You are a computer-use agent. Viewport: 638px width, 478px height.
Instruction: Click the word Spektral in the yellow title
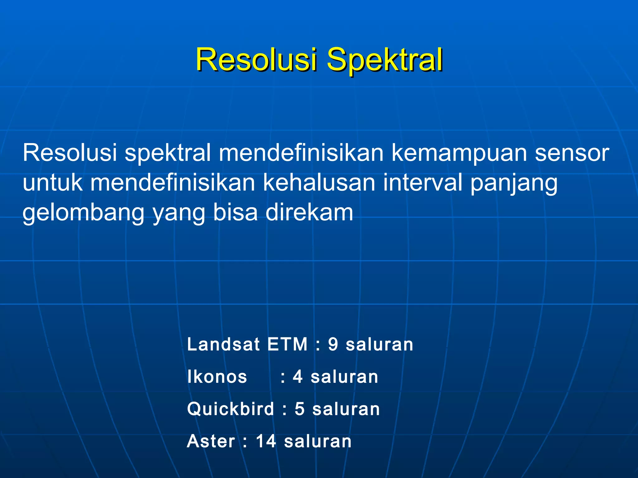click(384, 60)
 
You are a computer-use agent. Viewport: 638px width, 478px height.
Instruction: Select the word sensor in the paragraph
click(572, 153)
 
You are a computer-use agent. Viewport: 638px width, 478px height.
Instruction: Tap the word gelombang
click(83, 213)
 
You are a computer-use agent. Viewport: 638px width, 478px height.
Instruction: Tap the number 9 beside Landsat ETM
click(333, 345)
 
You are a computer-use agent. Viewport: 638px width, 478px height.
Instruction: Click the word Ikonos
click(217, 377)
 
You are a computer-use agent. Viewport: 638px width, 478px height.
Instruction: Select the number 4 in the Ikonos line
click(298, 377)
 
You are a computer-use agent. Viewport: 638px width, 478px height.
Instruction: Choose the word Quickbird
click(231, 409)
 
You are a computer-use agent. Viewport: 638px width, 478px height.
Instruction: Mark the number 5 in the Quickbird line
click(299, 409)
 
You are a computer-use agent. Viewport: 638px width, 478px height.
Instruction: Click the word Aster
click(211, 441)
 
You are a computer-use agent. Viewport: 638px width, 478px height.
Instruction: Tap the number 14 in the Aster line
click(266, 441)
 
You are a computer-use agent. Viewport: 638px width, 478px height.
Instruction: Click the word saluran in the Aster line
click(318, 441)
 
